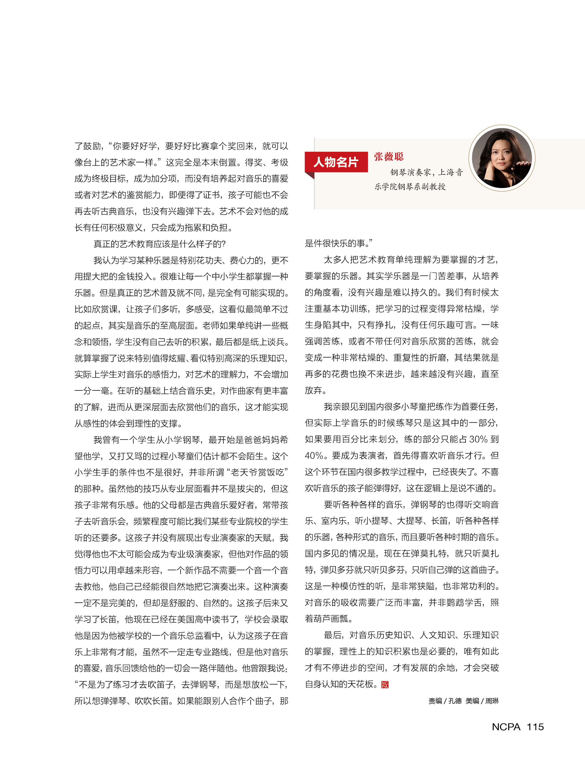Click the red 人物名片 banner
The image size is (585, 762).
pos(336,162)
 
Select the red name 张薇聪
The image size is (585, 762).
pos(389,156)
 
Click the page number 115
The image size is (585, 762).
pos(535,727)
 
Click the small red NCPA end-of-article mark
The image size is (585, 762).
pos(385,684)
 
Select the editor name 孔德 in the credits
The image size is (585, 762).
pos(455,701)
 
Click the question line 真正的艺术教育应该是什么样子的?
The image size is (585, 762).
pos(159,244)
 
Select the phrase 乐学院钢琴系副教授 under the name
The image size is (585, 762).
pos(410,187)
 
